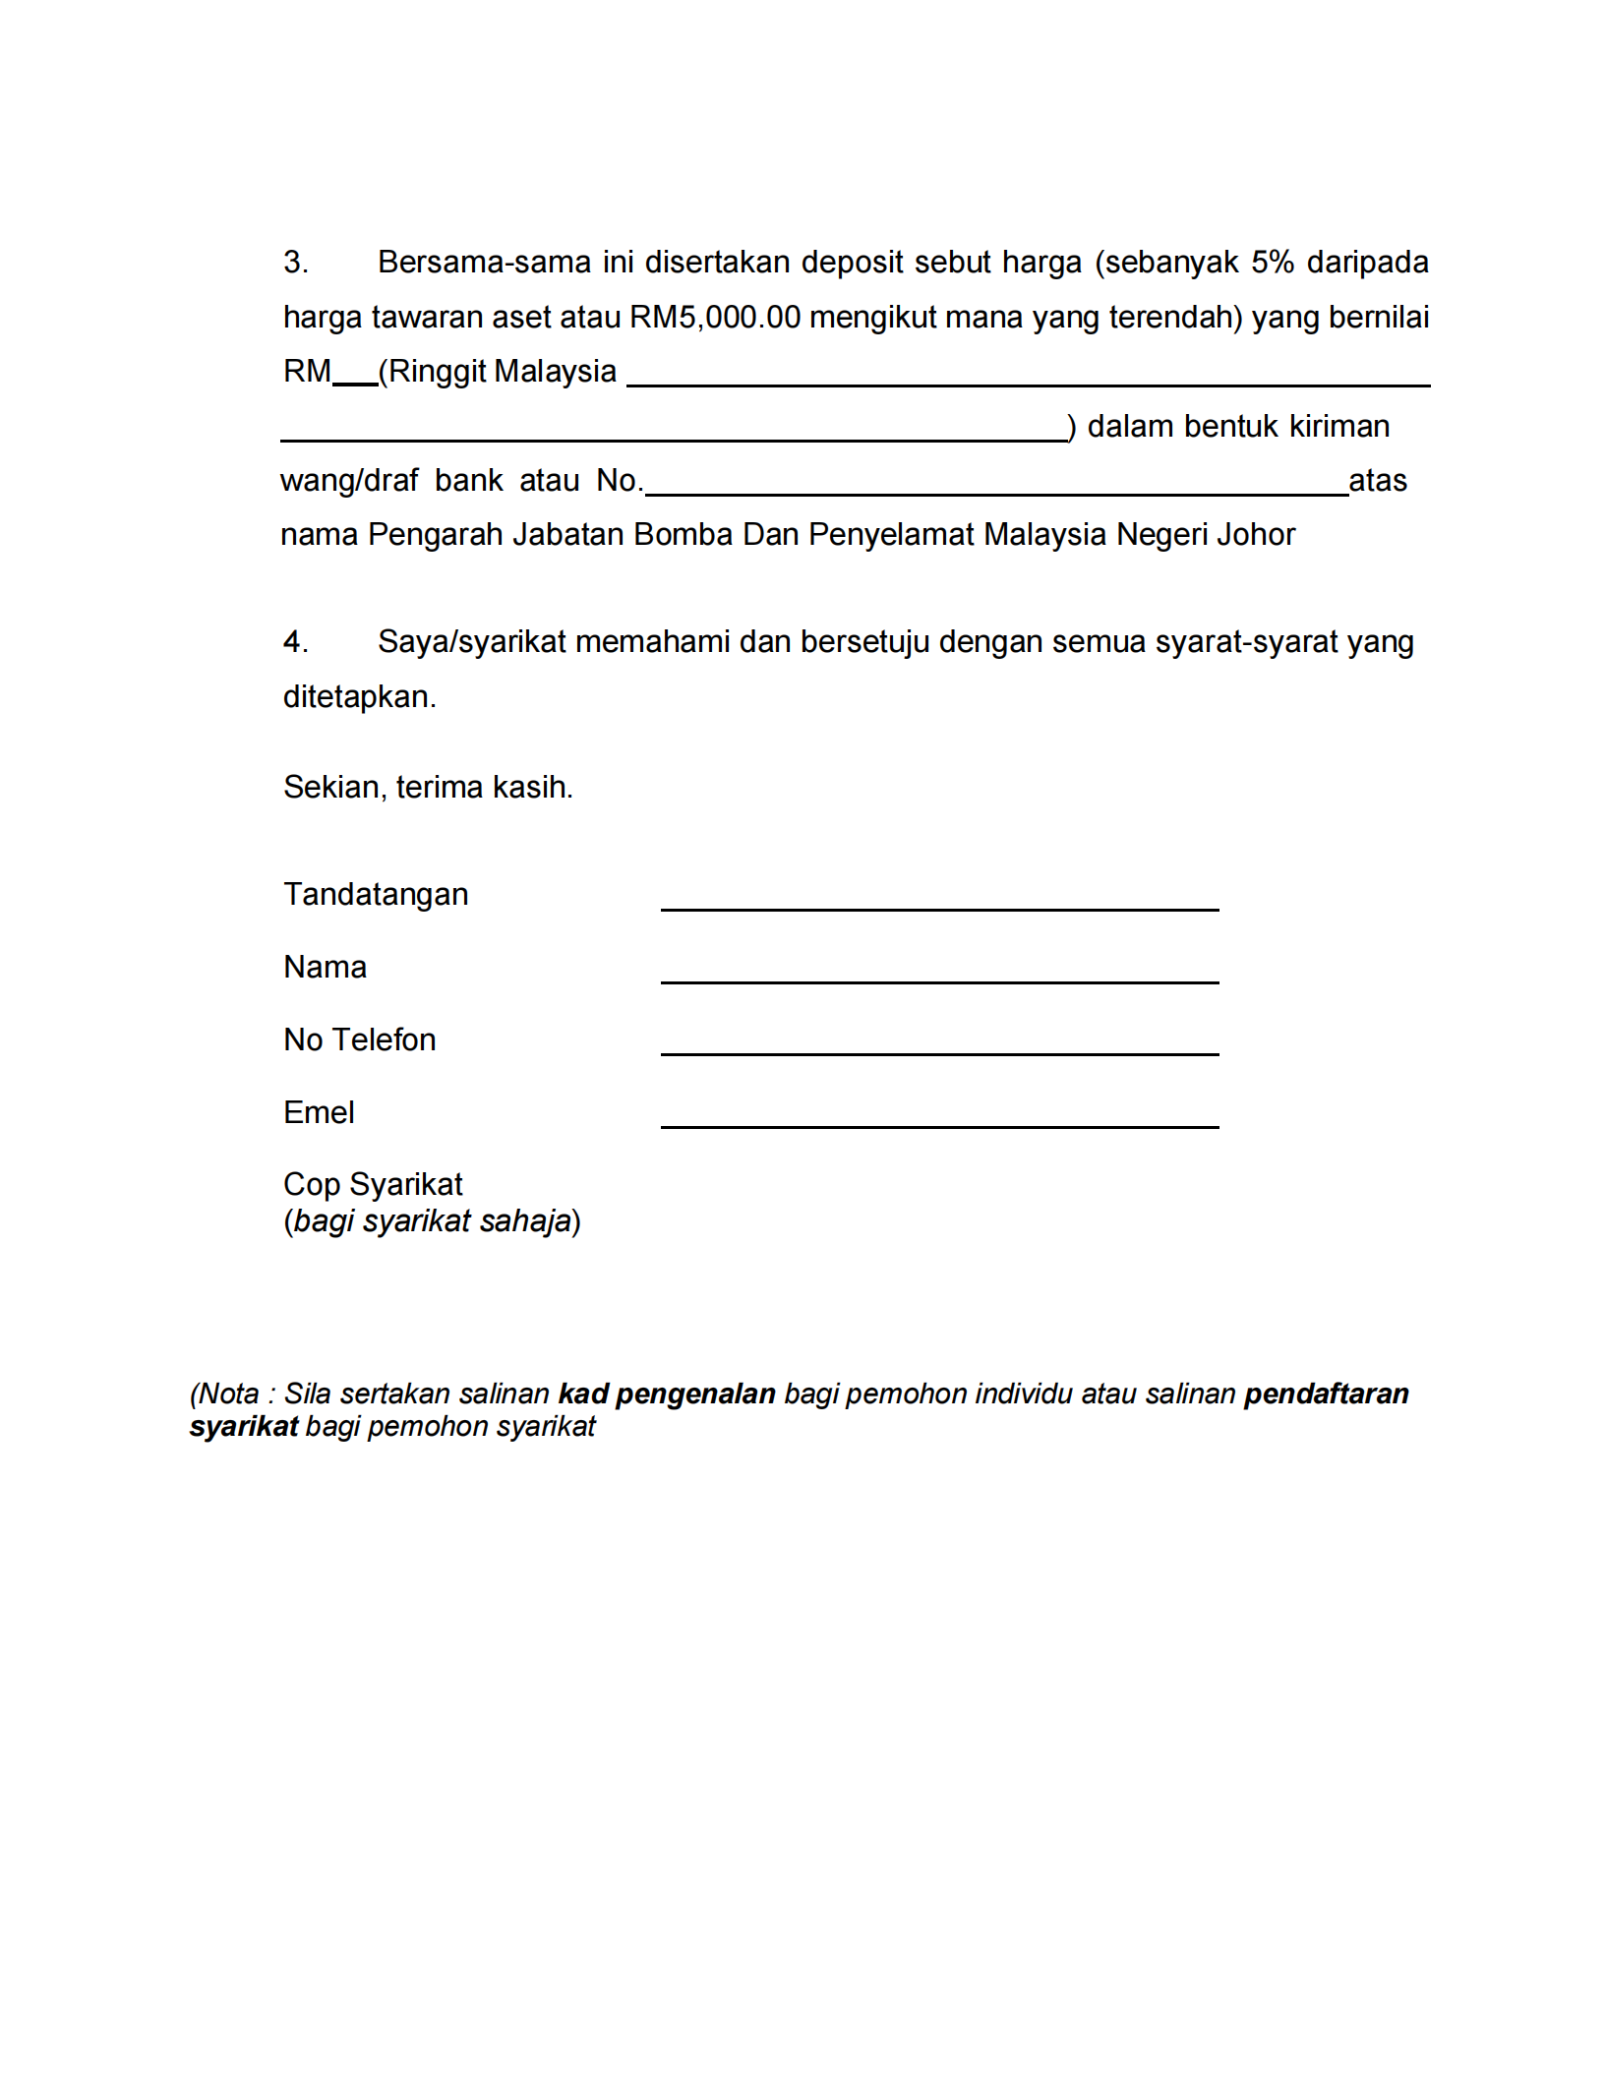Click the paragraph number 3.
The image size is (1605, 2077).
click(294, 263)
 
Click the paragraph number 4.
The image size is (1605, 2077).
click(294, 642)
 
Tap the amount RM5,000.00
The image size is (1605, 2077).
click(715, 318)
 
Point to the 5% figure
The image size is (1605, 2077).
click(1272, 263)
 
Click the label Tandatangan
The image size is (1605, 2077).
click(376, 895)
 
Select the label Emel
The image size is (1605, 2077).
click(319, 1113)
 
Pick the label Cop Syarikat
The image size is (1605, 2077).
click(373, 1185)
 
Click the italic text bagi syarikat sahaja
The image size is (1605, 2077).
click(433, 1221)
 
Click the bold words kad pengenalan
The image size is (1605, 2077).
click(667, 1395)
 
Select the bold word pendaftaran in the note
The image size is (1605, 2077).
click(1326, 1395)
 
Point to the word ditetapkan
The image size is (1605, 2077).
click(359, 697)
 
